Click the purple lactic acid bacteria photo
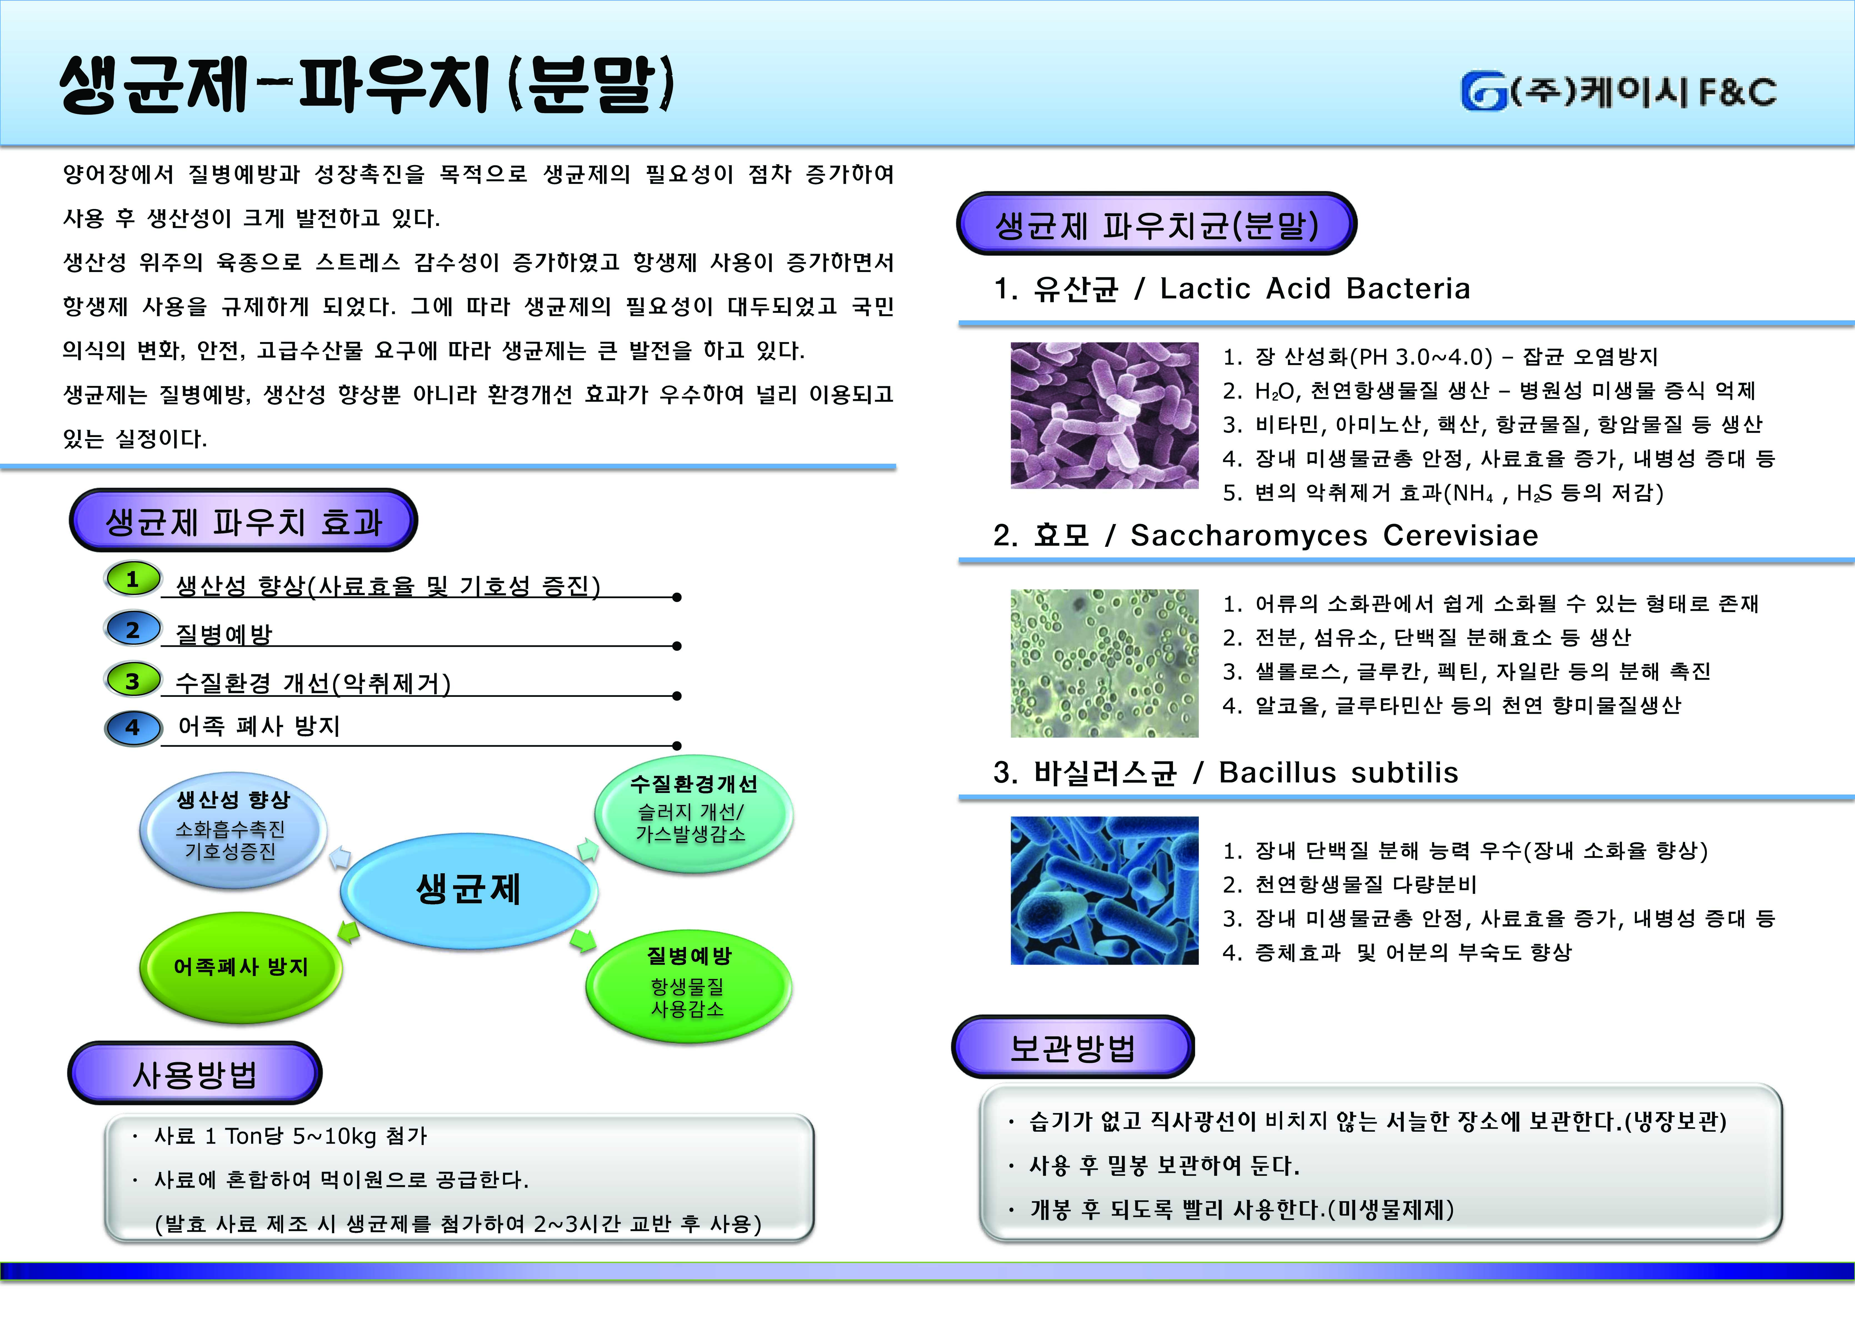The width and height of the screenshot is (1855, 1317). pyautogui.click(x=1104, y=415)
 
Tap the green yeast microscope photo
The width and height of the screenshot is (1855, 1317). pyautogui.click(x=1104, y=663)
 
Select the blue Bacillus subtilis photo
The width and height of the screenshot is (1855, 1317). pyautogui.click(x=1104, y=891)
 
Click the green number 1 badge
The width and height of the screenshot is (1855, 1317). pyautogui.click(x=133, y=579)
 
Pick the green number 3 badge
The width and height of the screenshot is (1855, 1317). pyautogui.click(x=133, y=680)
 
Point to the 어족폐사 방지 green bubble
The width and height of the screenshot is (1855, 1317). pyautogui.click(x=241, y=967)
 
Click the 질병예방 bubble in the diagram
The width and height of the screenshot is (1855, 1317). pyautogui.click(x=688, y=985)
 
